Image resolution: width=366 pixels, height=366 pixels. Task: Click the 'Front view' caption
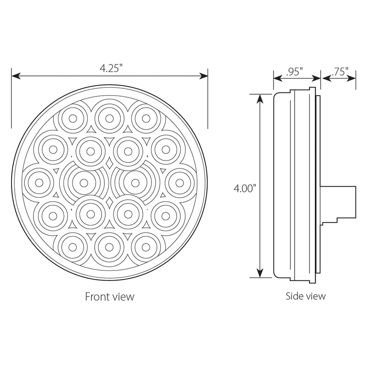coord(110,296)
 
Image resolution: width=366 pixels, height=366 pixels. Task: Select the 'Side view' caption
coord(306,296)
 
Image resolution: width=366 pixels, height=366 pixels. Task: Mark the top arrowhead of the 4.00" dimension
coord(260,97)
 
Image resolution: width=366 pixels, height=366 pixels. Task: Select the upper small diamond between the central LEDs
coord(109,163)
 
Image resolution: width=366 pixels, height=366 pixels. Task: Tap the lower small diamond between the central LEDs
coord(109,201)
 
